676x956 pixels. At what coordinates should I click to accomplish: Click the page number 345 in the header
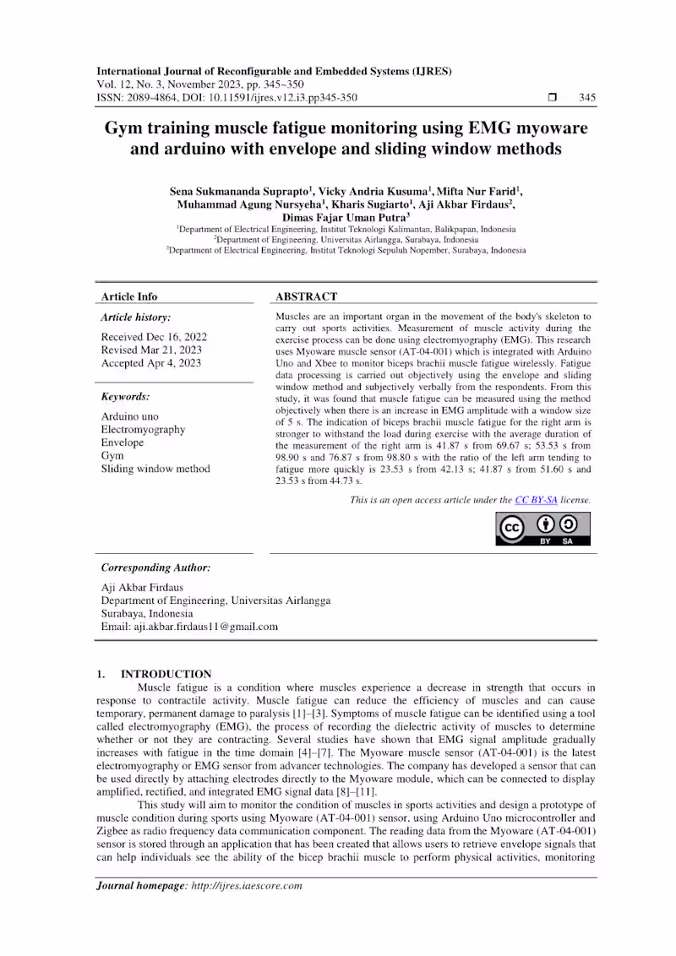(586, 97)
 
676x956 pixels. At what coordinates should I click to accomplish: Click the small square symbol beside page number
(553, 97)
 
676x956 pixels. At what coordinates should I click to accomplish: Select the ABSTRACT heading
(306, 296)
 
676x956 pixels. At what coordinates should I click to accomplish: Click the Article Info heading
(129, 296)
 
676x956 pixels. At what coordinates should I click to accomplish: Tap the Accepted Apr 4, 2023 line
(150, 363)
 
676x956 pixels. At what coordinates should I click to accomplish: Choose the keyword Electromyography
(144, 430)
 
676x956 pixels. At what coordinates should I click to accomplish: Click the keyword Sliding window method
(155, 469)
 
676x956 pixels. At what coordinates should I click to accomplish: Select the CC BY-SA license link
(536, 500)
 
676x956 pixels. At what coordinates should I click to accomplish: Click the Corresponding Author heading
(155, 568)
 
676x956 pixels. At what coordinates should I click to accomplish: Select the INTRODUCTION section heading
(166, 674)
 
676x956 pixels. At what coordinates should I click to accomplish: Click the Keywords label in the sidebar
(125, 396)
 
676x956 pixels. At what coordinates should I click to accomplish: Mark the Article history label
(135, 318)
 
